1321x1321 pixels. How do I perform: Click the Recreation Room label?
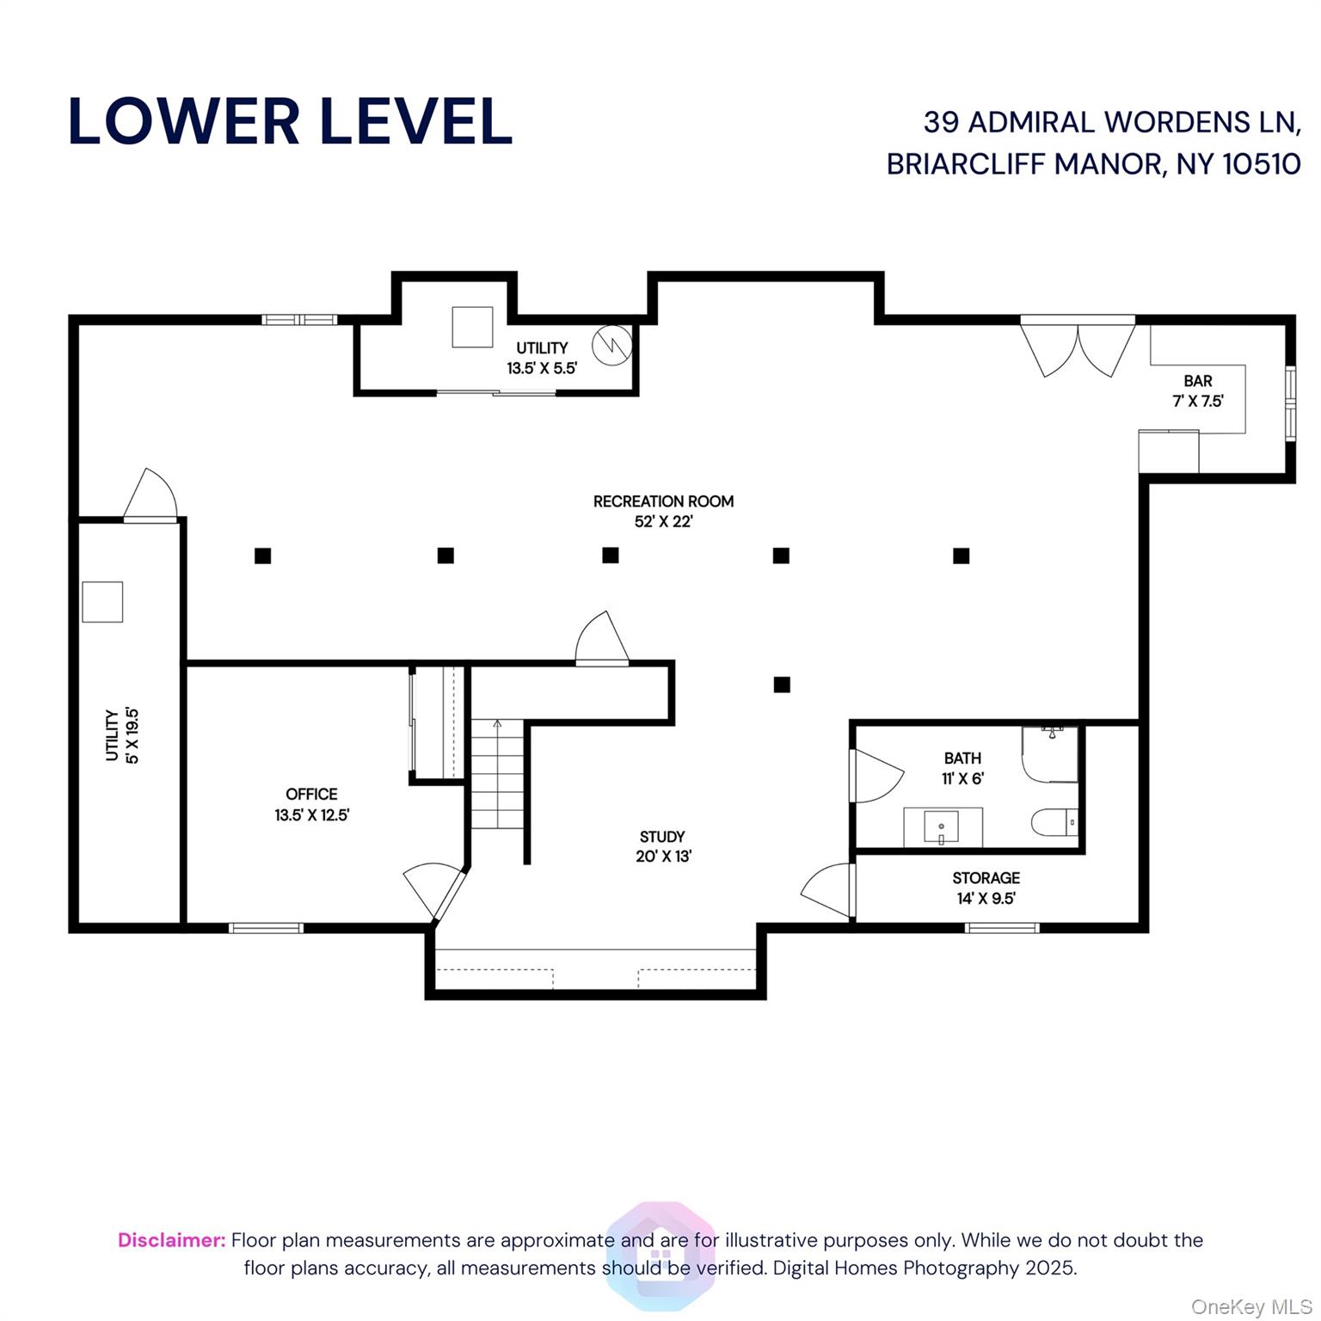pyautogui.click(x=663, y=511)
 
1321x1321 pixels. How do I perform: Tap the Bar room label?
pyautogui.click(x=1198, y=390)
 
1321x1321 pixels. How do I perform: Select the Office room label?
pyautogui.click(x=311, y=804)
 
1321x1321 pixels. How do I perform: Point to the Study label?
pyautogui.click(x=663, y=846)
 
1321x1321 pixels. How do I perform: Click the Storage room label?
pyautogui.click(x=986, y=888)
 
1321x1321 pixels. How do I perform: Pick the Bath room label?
pyautogui.click(x=962, y=768)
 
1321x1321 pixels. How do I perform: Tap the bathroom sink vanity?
pyautogui.click(x=943, y=827)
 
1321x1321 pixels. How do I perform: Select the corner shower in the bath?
pyautogui.click(x=1050, y=754)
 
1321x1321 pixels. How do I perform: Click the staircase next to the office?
pyautogui.click(x=497, y=774)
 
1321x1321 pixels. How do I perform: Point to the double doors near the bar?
pyautogui.click(x=1078, y=347)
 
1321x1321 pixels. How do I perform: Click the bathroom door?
pyautogui.click(x=876, y=776)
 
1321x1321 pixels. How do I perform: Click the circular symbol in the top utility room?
pyautogui.click(x=612, y=346)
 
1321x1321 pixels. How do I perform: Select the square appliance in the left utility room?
pyautogui.click(x=102, y=602)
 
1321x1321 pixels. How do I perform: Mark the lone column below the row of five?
pyautogui.click(x=781, y=685)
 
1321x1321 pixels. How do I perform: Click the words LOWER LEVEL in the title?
pyautogui.click(x=290, y=121)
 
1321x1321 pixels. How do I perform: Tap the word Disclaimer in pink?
pyautogui.click(x=172, y=1240)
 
